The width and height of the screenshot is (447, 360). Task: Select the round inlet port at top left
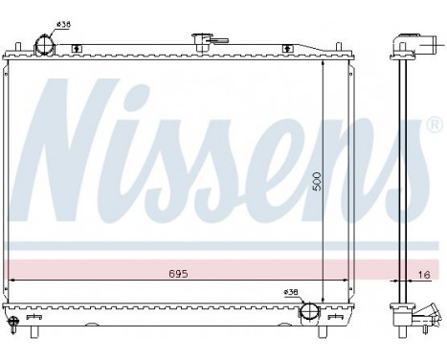pyautogui.click(x=44, y=44)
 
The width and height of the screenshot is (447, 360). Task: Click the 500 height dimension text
pyautogui.click(x=318, y=183)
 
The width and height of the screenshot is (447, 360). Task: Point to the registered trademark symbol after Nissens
pyautogui.click(x=433, y=125)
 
